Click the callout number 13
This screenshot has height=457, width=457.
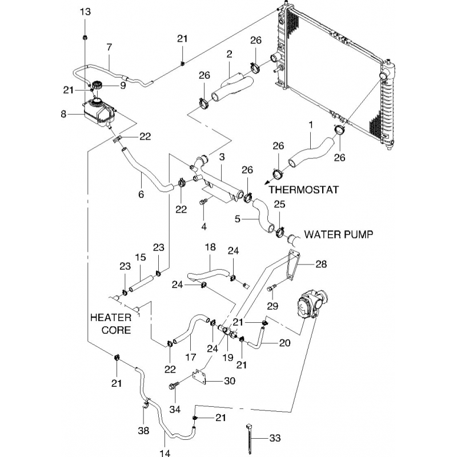pyautogui.click(x=85, y=12)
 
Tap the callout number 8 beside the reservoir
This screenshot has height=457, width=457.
pyautogui.click(x=63, y=114)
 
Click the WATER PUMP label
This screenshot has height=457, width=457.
pyautogui.click(x=339, y=234)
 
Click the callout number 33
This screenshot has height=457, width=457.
pyautogui.click(x=275, y=439)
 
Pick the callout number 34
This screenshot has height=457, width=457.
pyautogui.click(x=175, y=409)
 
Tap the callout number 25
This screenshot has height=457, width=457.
pyautogui.click(x=279, y=204)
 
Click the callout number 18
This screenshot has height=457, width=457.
pyautogui.click(x=210, y=247)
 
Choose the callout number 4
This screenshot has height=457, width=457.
pyautogui.click(x=203, y=226)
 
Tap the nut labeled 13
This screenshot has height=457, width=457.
pyautogui.click(x=85, y=38)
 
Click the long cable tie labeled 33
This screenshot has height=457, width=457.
pyautogui.click(x=251, y=440)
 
